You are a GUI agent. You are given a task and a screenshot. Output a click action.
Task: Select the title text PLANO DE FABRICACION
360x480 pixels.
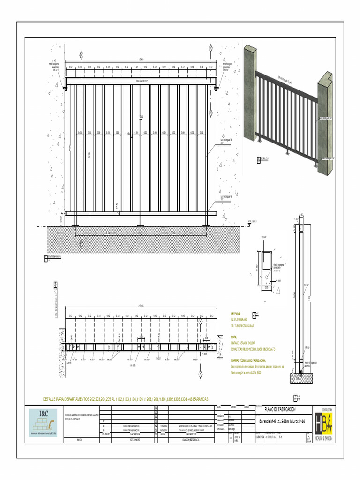(280, 409)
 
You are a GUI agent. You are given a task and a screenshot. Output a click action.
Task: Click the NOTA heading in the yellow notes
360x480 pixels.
(234, 337)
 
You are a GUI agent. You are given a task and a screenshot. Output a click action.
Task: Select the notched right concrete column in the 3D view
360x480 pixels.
(325, 124)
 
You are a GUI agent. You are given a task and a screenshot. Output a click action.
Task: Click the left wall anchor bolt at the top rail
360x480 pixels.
(66, 88)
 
